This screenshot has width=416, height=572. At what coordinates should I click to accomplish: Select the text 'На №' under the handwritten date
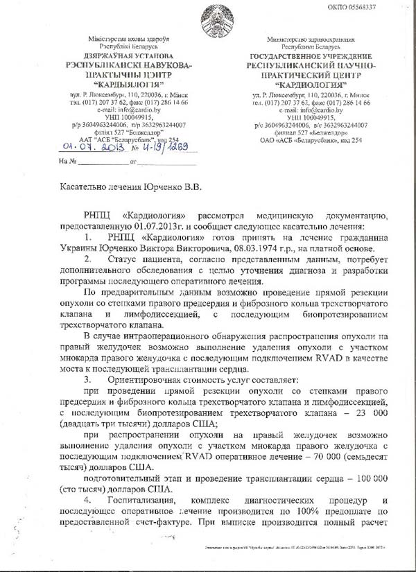[x=67, y=162]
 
